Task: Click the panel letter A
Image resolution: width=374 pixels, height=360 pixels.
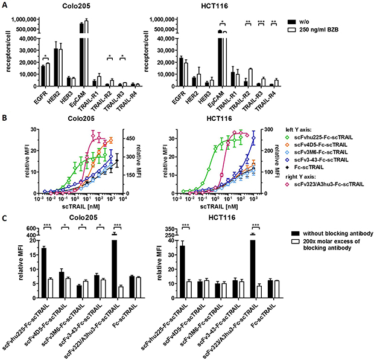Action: coord(5,5)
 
